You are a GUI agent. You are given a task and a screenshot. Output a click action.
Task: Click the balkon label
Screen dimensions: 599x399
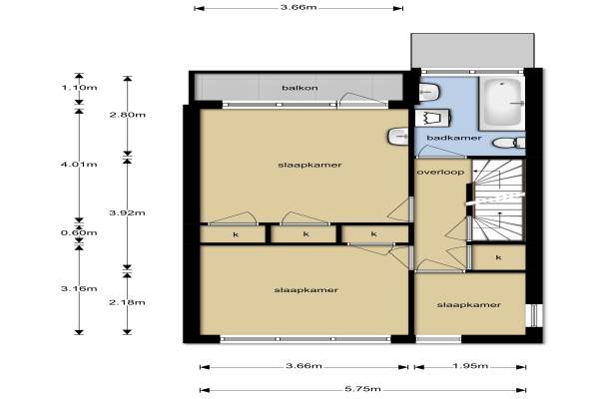click(x=299, y=88)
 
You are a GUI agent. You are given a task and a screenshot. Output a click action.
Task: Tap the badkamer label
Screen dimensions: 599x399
click(x=454, y=138)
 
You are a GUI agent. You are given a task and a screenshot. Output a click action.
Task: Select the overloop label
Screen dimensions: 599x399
click(x=440, y=173)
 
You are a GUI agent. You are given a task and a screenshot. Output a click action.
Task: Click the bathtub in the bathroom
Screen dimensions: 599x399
click(x=501, y=103)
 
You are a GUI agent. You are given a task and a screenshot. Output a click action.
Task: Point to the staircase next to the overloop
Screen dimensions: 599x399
click(x=498, y=199)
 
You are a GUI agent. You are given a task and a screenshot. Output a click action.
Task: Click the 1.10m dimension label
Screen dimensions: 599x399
click(x=79, y=88)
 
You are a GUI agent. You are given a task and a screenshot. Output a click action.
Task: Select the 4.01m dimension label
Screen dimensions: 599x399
click(x=79, y=165)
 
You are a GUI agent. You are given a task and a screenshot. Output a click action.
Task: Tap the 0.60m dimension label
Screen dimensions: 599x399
click(x=79, y=232)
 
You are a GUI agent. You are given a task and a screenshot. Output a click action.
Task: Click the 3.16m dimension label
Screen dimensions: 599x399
click(x=79, y=288)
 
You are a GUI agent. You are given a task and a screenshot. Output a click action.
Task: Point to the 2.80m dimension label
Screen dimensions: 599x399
click(x=128, y=115)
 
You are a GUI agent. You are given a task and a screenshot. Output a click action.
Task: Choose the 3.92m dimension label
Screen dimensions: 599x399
click(x=127, y=212)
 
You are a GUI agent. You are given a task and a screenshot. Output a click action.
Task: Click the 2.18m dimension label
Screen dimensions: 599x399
click(x=127, y=302)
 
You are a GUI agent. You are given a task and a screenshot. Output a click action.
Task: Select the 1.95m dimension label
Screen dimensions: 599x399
click(x=470, y=366)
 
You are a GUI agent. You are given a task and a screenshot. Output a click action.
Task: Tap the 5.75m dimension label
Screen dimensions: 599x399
click(x=362, y=389)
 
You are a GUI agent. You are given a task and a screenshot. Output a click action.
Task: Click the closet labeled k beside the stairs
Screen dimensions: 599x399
click(x=498, y=257)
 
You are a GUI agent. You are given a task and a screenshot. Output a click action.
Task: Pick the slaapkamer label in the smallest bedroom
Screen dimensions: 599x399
click(x=469, y=304)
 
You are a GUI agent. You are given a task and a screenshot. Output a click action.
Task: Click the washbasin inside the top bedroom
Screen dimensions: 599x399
click(x=398, y=137)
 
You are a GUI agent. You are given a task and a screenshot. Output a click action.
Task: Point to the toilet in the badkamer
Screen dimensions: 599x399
click(x=509, y=143)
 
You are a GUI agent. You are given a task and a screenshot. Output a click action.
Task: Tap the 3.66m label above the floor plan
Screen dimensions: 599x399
click(x=299, y=7)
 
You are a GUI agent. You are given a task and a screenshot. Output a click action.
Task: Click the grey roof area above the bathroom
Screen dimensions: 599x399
click(x=472, y=51)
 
